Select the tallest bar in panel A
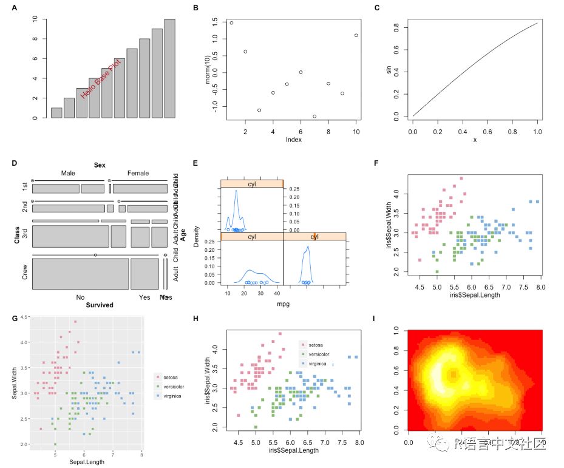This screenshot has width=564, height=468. [169, 69]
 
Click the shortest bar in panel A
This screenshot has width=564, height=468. [56, 113]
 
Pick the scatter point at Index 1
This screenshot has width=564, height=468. [231, 23]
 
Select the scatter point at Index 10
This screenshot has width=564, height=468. [356, 35]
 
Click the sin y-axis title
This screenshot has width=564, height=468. [389, 70]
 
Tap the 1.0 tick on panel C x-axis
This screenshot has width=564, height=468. [537, 131]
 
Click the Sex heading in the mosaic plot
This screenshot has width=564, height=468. [100, 165]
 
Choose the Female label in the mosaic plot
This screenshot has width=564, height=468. [138, 174]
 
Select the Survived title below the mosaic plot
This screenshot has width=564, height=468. [100, 305]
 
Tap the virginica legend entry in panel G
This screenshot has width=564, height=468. [173, 396]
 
